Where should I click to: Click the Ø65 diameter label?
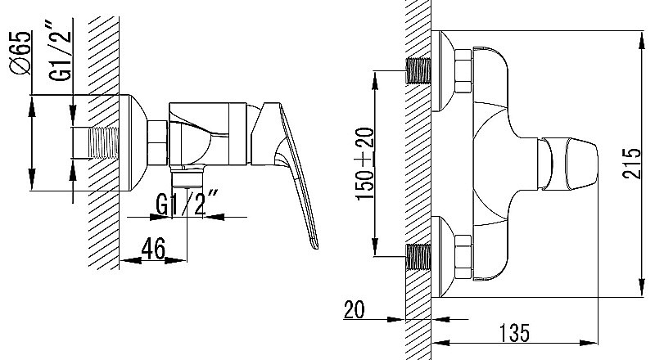[21, 53]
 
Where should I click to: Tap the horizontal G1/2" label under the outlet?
[187, 203]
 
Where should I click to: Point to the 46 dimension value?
[153, 248]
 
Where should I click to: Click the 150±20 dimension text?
[364, 164]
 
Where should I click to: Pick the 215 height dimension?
[630, 164]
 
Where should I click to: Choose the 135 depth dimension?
[514, 332]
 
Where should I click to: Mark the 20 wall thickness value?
[354, 309]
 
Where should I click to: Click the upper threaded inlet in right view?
[418, 70]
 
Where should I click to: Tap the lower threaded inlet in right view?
[418, 257]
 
